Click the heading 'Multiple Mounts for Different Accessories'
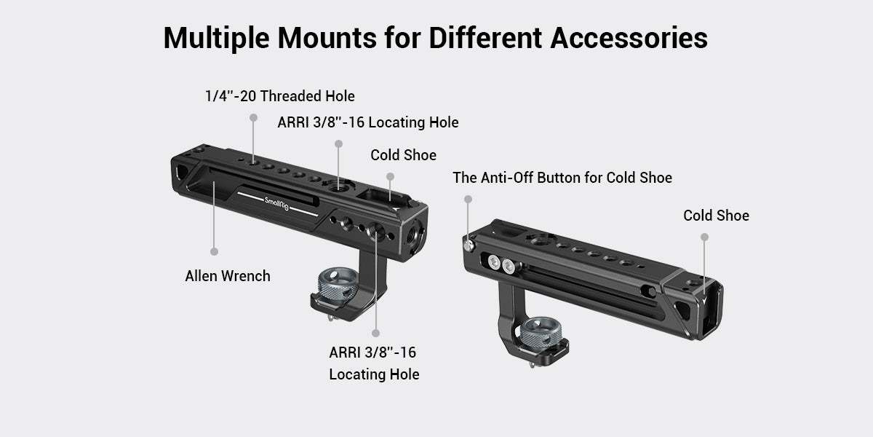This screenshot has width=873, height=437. (435, 38)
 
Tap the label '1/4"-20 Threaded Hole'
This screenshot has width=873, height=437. (279, 95)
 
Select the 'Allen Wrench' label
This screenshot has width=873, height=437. (228, 276)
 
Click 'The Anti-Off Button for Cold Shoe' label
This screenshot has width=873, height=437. (562, 177)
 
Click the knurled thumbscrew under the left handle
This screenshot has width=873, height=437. (335, 285)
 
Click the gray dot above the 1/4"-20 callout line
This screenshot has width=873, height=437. (253, 117)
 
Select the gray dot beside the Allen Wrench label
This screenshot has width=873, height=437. (215, 251)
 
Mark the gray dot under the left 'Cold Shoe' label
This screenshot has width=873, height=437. (390, 176)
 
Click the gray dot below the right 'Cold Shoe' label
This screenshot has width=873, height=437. (704, 237)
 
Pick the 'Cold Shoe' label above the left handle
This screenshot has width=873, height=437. (403, 155)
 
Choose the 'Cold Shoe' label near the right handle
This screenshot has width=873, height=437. (716, 216)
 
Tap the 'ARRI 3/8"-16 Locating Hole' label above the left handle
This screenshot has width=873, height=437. (368, 122)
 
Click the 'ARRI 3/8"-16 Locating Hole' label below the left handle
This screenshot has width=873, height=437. (374, 363)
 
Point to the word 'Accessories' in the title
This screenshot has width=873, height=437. (629, 38)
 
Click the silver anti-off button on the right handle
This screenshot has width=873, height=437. (471, 246)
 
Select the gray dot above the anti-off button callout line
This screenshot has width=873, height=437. (468, 199)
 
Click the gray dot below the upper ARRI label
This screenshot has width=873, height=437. (339, 144)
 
